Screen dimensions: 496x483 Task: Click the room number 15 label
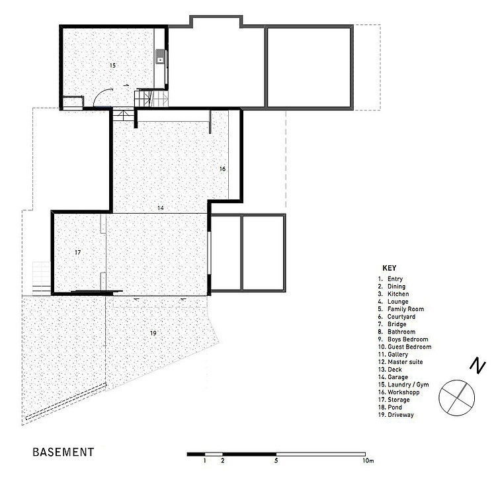[112, 66]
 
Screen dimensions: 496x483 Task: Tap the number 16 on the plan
[222, 169]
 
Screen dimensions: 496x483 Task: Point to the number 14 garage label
[161, 208]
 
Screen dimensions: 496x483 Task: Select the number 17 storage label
[77, 252]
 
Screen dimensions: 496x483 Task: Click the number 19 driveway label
[153, 333]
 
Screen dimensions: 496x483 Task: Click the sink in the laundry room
[161, 57]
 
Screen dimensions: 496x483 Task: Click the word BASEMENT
[63, 452]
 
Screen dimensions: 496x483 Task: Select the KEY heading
[390, 268]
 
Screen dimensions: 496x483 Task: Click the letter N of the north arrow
[477, 365]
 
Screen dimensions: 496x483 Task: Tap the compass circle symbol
[457, 380]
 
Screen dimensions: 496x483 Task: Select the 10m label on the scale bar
[368, 461]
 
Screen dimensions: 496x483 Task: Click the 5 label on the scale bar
[276, 461]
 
